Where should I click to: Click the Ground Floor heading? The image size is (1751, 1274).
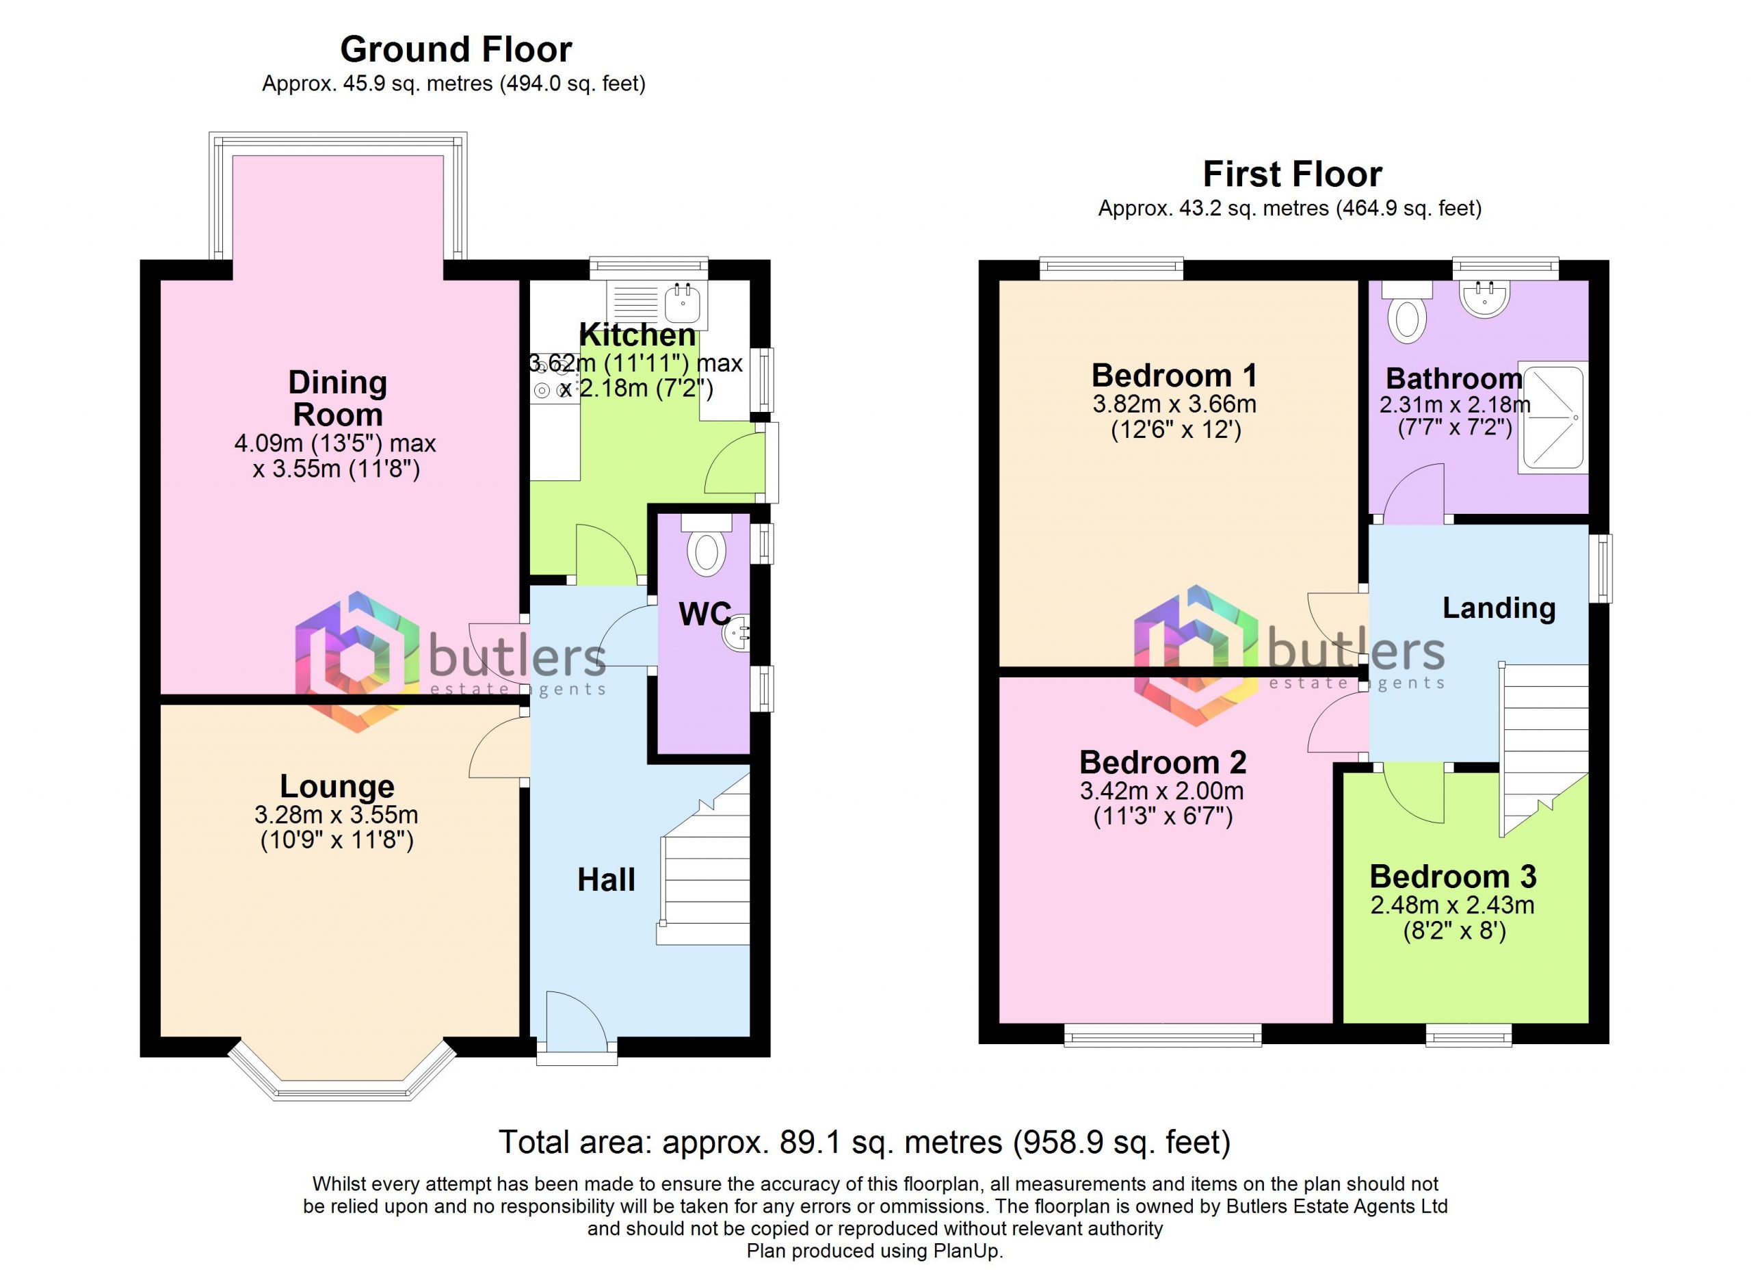[456, 50]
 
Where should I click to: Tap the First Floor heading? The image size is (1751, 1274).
[1293, 174]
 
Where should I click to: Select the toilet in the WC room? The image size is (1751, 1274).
[707, 546]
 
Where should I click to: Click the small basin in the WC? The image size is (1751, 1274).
[736, 633]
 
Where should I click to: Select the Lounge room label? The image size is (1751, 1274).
[337, 786]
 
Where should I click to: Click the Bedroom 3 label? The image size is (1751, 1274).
[1453, 876]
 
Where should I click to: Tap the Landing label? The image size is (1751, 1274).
[1499, 608]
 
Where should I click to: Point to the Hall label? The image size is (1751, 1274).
[606, 880]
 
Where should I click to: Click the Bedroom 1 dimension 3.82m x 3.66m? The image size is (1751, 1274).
[1174, 404]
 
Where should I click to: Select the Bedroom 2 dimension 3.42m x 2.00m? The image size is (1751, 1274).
[1162, 791]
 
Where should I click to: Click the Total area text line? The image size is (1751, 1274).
[865, 1141]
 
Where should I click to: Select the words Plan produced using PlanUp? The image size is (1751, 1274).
[875, 1251]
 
